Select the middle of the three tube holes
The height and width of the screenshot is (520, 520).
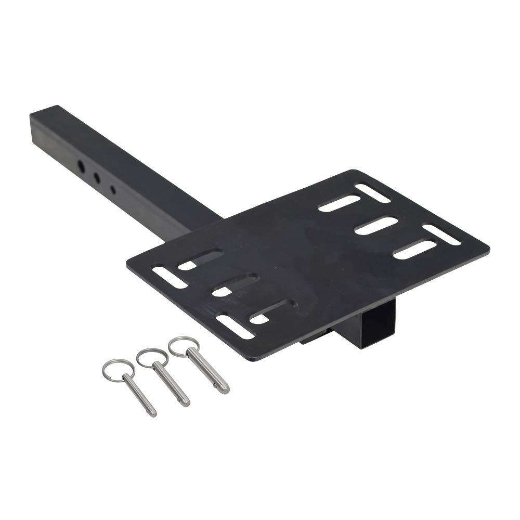[x=97, y=177]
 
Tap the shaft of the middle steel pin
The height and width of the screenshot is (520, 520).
[x=172, y=386]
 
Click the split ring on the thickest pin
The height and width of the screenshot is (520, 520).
[x=178, y=347]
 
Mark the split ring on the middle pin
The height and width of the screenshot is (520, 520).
[x=147, y=358]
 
